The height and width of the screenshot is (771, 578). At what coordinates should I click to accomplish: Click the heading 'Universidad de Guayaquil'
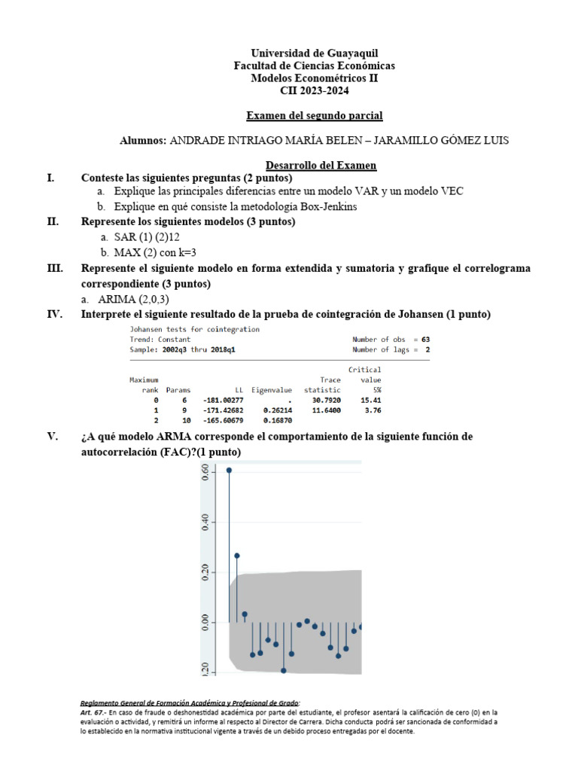[315, 53]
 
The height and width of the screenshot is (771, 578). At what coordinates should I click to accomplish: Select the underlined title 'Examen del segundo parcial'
[315, 115]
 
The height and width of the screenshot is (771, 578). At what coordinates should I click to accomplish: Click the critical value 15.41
[370, 401]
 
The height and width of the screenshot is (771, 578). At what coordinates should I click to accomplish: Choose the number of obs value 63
[425, 340]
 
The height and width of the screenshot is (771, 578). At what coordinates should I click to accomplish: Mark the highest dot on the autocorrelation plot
[229, 471]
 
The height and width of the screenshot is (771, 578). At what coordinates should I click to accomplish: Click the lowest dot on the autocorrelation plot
[284, 670]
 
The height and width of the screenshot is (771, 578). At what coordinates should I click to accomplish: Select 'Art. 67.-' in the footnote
[95, 712]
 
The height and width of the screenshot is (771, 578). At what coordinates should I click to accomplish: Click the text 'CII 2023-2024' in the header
[315, 90]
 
